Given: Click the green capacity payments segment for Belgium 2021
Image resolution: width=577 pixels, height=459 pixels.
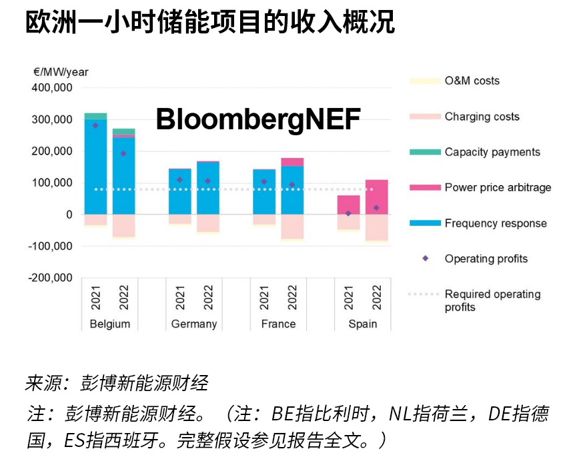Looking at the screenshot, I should pyautogui.click(x=95, y=116).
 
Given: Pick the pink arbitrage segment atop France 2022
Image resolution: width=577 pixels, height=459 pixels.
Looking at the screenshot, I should pyautogui.click(x=292, y=162).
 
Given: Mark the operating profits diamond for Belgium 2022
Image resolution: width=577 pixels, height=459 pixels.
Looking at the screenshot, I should pyautogui.click(x=123, y=154).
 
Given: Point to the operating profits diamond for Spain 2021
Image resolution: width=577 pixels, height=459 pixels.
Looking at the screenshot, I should pyautogui.click(x=348, y=213).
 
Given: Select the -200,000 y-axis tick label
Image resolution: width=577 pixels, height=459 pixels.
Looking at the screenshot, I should pyautogui.click(x=50, y=278).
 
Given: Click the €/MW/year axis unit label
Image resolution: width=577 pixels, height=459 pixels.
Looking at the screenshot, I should pyautogui.click(x=59, y=72).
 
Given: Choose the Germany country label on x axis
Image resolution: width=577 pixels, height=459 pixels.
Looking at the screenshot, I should pyautogui.click(x=194, y=324).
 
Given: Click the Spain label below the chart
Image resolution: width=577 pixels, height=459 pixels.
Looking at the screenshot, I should pyautogui.click(x=362, y=324).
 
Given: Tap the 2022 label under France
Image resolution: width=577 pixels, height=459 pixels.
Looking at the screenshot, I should pyautogui.click(x=292, y=297).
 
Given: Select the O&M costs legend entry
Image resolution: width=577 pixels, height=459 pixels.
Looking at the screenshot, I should pyautogui.click(x=472, y=81).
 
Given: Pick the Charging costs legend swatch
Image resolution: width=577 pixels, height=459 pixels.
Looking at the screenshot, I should pyautogui.click(x=424, y=117).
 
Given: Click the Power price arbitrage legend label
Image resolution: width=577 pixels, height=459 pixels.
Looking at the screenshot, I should pyautogui.click(x=498, y=187).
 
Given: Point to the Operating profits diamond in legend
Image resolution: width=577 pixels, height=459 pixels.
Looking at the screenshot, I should pyautogui.click(x=425, y=258).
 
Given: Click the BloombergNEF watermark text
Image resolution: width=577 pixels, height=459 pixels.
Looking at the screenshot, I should pyautogui.click(x=258, y=120).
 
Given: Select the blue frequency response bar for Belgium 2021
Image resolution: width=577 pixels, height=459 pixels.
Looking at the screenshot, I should pyautogui.click(x=95, y=167).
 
